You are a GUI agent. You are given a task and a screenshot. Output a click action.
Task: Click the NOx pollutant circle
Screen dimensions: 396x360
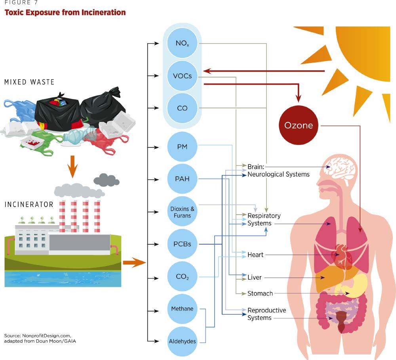[x=182, y=43]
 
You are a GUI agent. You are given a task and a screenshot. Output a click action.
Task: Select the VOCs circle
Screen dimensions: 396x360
[x=182, y=76]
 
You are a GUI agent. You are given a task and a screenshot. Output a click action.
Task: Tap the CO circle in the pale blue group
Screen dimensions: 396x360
[x=182, y=108]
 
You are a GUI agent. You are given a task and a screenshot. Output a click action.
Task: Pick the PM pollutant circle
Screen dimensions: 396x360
[x=182, y=147]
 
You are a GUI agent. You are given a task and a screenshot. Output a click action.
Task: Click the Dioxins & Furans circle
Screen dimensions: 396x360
[x=182, y=212]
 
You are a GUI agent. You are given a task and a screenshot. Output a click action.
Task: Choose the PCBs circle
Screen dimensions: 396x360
[x=182, y=244]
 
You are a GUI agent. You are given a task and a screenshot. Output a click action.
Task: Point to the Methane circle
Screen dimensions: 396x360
[x=182, y=309]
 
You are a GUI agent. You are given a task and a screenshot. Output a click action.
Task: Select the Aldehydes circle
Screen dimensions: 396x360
[x=182, y=341]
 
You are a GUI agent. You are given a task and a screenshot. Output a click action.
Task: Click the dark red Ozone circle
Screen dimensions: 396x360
[x=299, y=125]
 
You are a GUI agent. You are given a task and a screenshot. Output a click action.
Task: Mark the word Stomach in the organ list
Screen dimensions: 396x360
[x=260, y=293]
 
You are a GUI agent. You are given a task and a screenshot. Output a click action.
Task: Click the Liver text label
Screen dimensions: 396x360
[x=254, y=277]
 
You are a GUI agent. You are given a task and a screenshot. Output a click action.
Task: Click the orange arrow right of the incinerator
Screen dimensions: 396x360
[x=135, y=263]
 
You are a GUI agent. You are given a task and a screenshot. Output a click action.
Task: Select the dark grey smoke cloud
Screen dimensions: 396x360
[x=106, y=180]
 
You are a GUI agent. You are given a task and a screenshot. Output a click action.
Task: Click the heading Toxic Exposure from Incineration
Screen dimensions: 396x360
[x=65, y=12]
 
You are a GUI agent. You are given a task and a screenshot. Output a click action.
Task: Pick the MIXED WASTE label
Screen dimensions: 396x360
[x=29, y=82]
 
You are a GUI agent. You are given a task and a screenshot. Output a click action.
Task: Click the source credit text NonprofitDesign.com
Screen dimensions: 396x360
[x=47, y=336]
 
